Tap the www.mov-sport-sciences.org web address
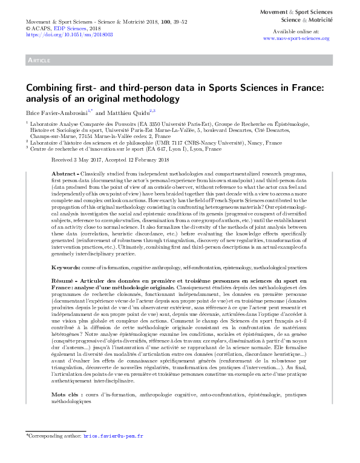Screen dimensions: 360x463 [296, 38]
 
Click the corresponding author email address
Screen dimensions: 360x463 [113, 435]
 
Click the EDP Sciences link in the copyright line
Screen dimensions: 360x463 [69, 28]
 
